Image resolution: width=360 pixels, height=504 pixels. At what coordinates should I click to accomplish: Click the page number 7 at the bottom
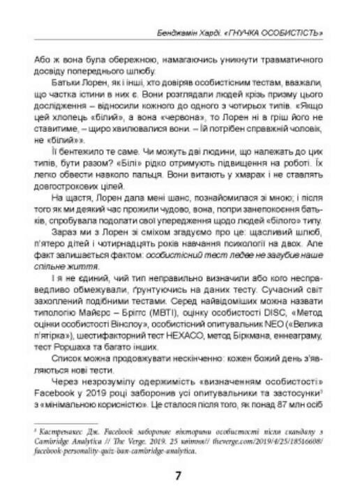[179, 476]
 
